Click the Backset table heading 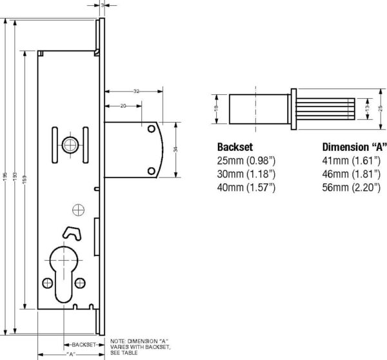point(235,147)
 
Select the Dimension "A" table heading point(354,147)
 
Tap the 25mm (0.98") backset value point(246,161)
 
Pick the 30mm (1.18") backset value point(246,174)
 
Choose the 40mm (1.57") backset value point(246,187)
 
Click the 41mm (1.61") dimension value point(352,161)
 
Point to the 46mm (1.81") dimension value point(352,174)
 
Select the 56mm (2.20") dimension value point(352,187)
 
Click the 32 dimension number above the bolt point(136,92)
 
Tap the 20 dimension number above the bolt point(123,106)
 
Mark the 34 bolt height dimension point(175,150)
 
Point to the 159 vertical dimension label point(25,180)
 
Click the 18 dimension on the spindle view point(217,108)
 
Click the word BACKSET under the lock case point(84,345)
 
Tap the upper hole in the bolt point(152,129)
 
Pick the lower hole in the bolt point(152,171)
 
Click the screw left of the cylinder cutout point(48,283)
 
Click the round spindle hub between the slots point(70,145)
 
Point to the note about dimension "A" point(140,347)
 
